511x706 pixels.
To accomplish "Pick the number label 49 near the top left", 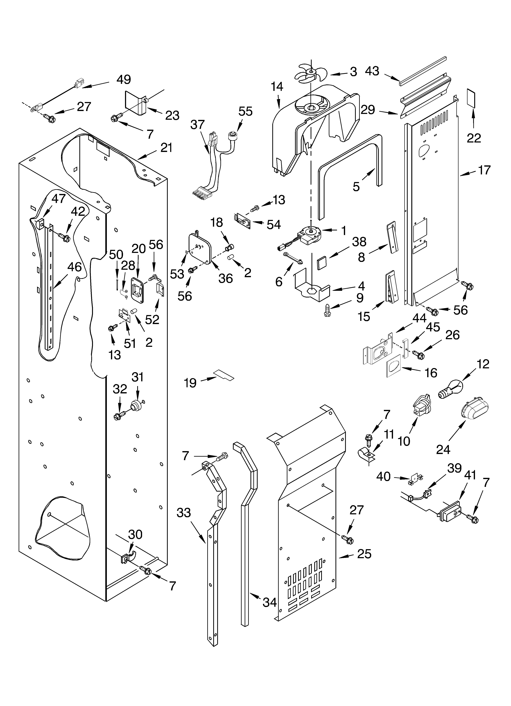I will (x=123, y=80).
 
